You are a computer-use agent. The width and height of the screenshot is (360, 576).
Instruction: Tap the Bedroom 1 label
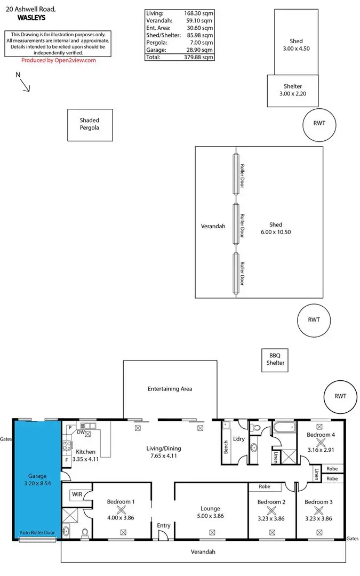coord(121,502)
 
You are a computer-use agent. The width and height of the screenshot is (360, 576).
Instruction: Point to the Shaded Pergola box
coord(90,124)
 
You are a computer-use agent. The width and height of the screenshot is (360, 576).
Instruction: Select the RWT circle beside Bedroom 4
coord(340,396)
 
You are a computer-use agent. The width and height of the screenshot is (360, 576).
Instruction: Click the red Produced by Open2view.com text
coord(58,60)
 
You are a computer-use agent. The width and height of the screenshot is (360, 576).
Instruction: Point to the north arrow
coord(25,84)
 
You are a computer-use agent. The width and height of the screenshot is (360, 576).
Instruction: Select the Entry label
coord(164,526)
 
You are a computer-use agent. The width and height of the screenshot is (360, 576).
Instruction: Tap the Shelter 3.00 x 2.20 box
coord(293,90)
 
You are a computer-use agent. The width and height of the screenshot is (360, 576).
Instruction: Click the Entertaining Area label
coord(170,389)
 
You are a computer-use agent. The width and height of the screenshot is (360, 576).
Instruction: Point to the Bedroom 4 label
coord(321,435)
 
